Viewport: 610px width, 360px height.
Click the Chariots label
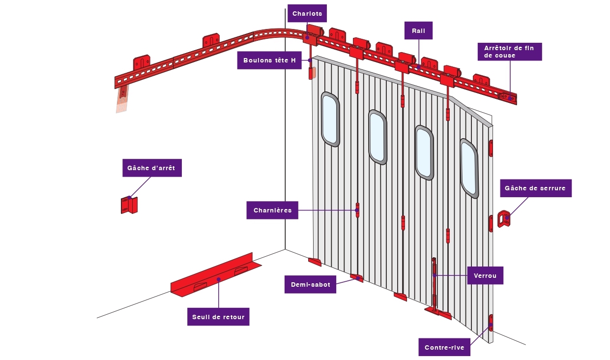click(307, 14)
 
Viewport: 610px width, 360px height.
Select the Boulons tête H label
click(269, 60)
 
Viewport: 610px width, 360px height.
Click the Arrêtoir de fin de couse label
click(509, 52)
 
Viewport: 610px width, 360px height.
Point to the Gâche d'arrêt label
click(151, 168)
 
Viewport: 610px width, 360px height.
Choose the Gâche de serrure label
click(535, 188)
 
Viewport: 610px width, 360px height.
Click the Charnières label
click(272, 210)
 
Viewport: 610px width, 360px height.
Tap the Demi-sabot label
click(310, 284)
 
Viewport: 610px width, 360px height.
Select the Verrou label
click(485, 275)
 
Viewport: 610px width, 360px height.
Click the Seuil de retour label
click(218, 317)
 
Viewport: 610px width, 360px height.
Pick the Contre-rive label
click(444, 348)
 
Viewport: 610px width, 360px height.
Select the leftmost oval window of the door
click(330, 119)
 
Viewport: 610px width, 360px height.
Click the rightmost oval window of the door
click(469, 168)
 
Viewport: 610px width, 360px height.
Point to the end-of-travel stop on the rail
click(508, 97)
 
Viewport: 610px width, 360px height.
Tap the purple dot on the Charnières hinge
click(357, 210)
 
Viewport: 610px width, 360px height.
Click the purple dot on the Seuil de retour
click(218, 279)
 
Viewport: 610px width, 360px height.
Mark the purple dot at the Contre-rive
click(491, 324)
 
